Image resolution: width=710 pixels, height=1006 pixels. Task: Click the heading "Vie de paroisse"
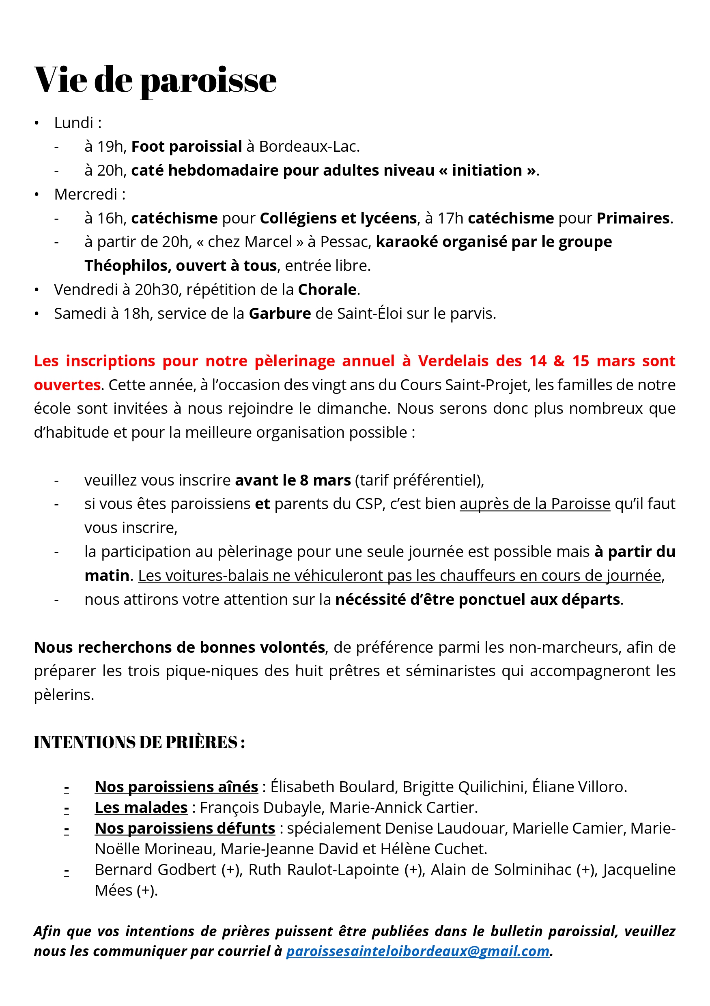[155, 80]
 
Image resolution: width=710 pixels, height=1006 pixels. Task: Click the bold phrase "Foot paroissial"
[186, 146]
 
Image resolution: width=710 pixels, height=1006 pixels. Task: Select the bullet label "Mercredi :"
[90, 194]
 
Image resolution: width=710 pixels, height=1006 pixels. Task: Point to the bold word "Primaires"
[633, 218]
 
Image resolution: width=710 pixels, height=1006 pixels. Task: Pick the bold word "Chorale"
[327, 290]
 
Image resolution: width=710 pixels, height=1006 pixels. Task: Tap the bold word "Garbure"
[280, 314]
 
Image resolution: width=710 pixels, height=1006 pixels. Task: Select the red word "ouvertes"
[67, 385]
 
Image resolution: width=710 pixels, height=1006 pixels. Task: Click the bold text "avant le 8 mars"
[293, 480]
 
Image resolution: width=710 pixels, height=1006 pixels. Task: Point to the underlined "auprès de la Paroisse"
[535, 504]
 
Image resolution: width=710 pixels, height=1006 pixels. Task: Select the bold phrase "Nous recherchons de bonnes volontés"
[179, 647]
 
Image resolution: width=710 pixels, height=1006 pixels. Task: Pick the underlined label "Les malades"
[141, 808]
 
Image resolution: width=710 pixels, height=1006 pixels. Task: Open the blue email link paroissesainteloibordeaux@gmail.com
[417, 951]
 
